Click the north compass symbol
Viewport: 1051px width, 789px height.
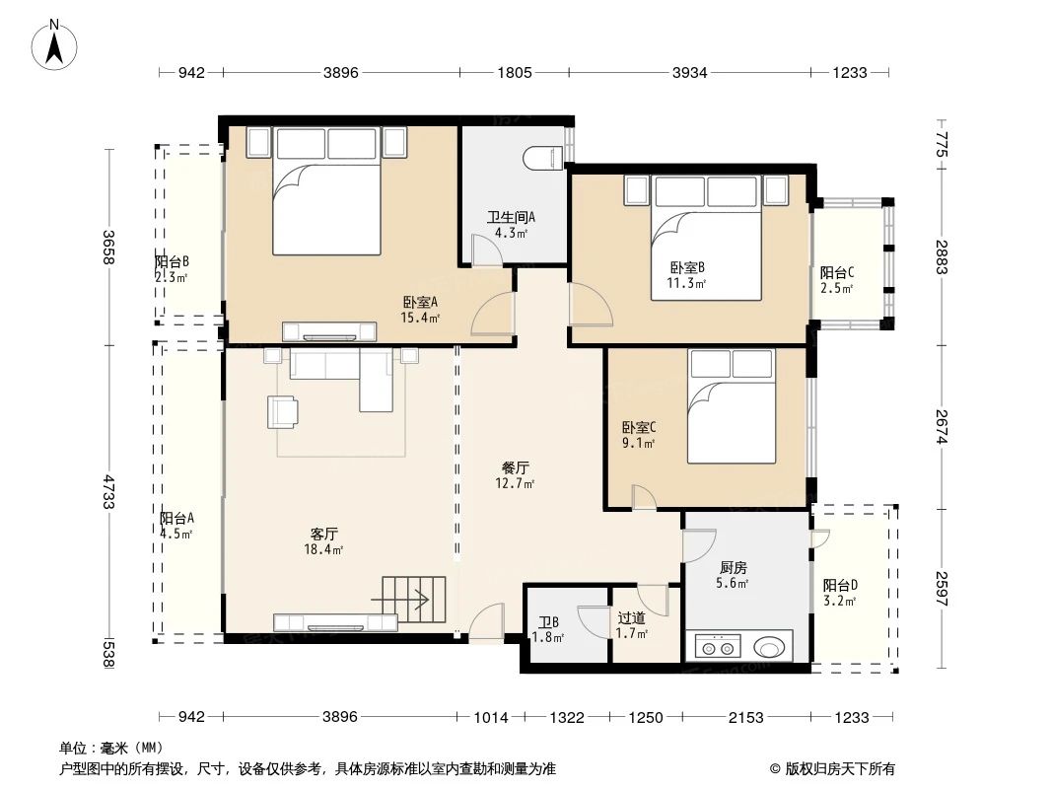[x=54, y=44]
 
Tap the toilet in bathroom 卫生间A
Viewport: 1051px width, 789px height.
[x=543, y=158]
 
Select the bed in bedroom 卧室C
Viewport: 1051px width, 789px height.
[x=732, y=406]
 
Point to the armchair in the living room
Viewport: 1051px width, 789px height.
[x=282, y=411]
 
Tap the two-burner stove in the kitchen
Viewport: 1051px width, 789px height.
[x=717, y=648]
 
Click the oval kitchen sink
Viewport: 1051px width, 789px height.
[x=768, y=648]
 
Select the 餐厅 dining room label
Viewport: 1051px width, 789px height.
[x=515, y=467]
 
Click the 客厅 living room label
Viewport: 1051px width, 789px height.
[x=323, y=534]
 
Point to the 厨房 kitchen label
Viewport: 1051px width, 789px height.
[x=733, y=568]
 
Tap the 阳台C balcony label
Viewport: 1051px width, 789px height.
[x=836, y=273]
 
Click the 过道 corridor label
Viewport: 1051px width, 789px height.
[x=631, y=617]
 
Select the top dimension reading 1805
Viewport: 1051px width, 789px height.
[x=514, y=72]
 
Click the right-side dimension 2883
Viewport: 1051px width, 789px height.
[x=942, y=256]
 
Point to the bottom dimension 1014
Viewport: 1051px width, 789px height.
[x=491, y=718]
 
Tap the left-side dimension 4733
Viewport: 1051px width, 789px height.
[x=108, y=491]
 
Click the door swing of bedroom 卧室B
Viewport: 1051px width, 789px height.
[x=591, y=305]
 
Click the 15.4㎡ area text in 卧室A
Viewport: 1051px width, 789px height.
[x=420, y=318]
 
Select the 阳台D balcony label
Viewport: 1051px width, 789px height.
[x=840, y=585]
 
